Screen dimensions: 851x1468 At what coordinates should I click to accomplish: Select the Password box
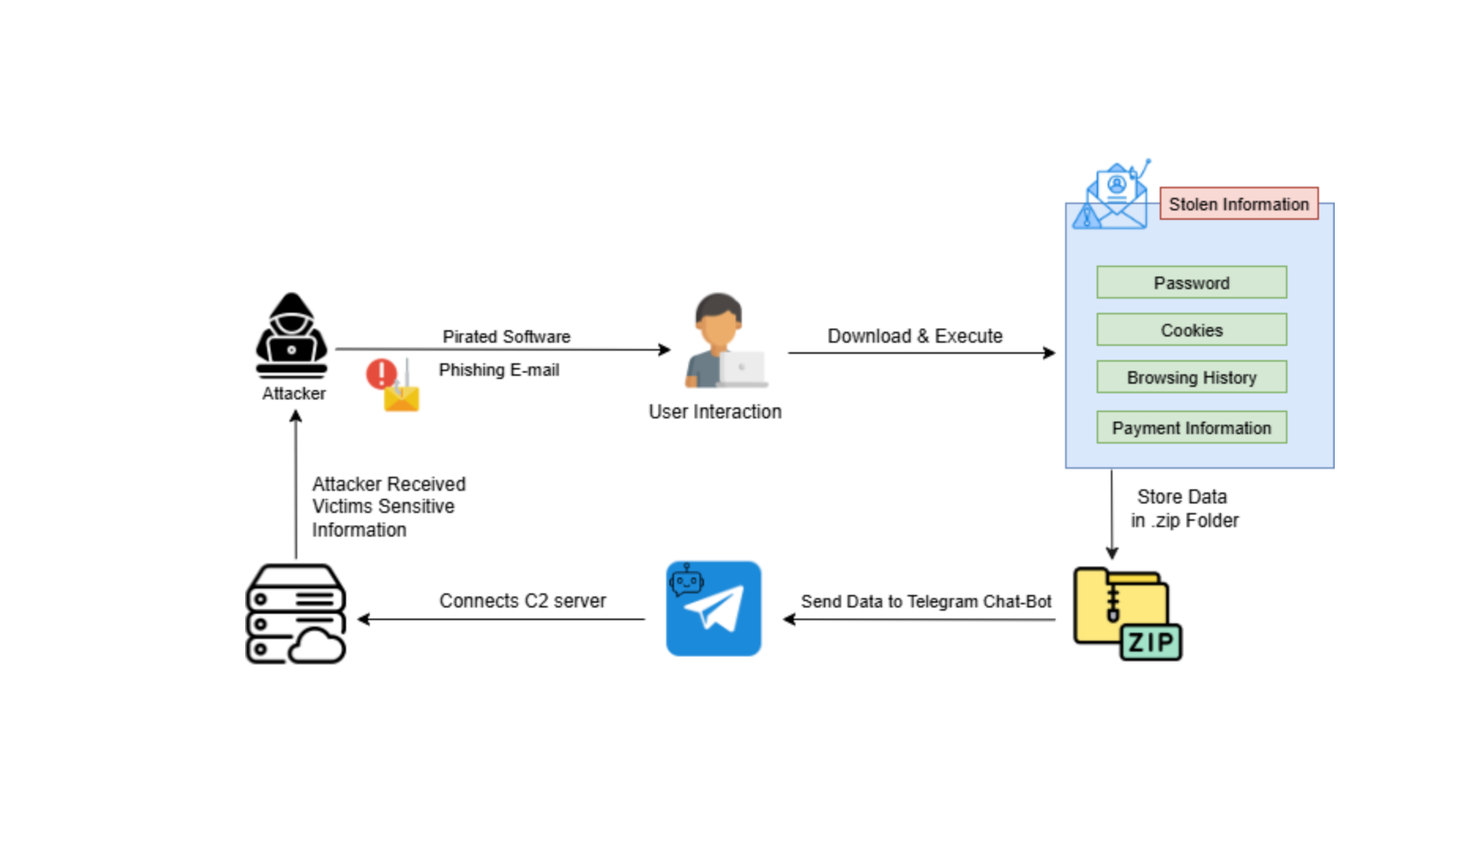[1191, 283]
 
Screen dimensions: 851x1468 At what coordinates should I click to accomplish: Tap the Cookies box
[1191, 330]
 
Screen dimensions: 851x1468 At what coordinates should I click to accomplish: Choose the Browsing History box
[1191, 377]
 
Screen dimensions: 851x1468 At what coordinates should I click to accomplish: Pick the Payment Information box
[1191, 428]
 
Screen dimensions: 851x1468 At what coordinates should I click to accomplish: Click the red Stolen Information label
[1239, 204]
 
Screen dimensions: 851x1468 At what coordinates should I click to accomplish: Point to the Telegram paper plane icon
[714, 608]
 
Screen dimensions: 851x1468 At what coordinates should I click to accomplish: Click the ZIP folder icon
[1127, 614]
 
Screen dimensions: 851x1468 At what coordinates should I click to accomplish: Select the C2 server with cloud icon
[296, 614]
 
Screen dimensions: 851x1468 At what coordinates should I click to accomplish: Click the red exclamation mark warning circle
[382, 373]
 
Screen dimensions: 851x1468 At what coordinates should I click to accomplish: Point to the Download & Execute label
[915, 336]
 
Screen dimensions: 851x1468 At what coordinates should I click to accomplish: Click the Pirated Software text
[506, 336]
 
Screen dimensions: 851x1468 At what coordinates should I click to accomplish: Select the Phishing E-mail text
[499, 370]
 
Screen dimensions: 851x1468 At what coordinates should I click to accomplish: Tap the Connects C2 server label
[523, 601]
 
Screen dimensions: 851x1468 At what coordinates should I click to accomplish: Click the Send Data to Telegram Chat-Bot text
[926, 602]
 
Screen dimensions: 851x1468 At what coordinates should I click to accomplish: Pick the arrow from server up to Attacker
[296, 485]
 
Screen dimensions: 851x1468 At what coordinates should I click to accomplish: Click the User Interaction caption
[715, 412]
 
